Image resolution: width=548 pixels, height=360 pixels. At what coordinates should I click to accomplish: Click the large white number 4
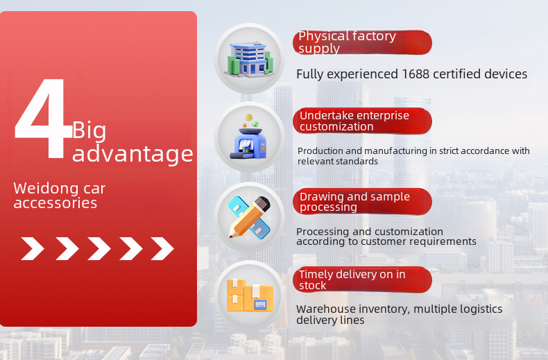[x=42, y=118]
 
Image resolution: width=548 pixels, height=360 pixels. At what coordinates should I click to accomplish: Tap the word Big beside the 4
[x=89, y=131]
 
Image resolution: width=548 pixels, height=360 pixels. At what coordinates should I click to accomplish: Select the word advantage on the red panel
[x=132, y=154]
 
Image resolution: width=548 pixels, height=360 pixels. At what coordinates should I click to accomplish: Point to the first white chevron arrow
[x=33, y=248]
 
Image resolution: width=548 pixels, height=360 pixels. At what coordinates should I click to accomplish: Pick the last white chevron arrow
[x=162, y=248]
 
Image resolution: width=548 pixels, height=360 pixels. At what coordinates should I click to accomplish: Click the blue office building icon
[x=249, y=59]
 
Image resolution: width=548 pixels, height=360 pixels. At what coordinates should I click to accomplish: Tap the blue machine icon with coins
[x=249, y=137]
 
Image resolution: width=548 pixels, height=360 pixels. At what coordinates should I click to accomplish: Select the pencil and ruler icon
[x=249, y=217]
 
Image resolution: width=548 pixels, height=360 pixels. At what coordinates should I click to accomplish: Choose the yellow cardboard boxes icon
[x=250, y=295]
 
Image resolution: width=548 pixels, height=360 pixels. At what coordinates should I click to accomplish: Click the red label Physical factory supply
[x=362, y=42]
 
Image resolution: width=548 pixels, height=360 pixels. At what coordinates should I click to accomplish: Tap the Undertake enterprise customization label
[x=362, y=121]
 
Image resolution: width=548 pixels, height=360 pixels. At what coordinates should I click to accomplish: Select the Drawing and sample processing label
[x=362, y=201]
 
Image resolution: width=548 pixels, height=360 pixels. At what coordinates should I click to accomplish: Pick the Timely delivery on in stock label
[x=362, y=280]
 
